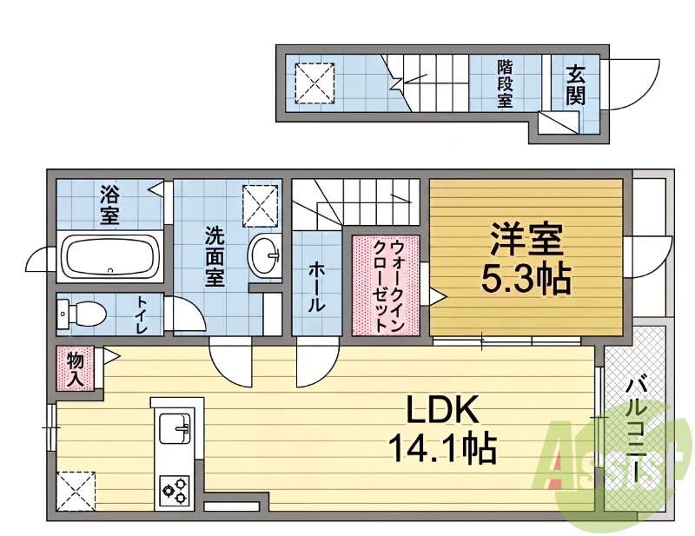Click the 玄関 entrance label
pyautogui.click(x=575, y=84)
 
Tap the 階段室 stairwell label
pyautogui.click(x=505, y=84)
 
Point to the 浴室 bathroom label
pyautogui.click(x=109, y=206)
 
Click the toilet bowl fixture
pyautogui.click(x=83, y=314)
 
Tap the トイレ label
pyautogui.click(x=142, y=315)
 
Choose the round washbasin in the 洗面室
pyautogui.click(x=264, y=255)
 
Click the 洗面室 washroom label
pyautogui.click(x=215, y=256)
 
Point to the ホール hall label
pyautogui.click(x=317, y=287)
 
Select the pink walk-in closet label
pyautogui.click(x=385, y=286)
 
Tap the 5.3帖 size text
pyautogui.click(x=526, y=279)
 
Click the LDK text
pyautogui.click(x=443, y=411)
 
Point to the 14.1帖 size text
pyautogui.click(x=443, y=447)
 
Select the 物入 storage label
pyautogui.click(x=76, y=369)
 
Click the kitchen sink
pyautogui.click(x=175, y=427)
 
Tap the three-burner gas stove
pyautogui.click(x=175, y=490)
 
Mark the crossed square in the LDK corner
pyautogui.click(x=76, y=491)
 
